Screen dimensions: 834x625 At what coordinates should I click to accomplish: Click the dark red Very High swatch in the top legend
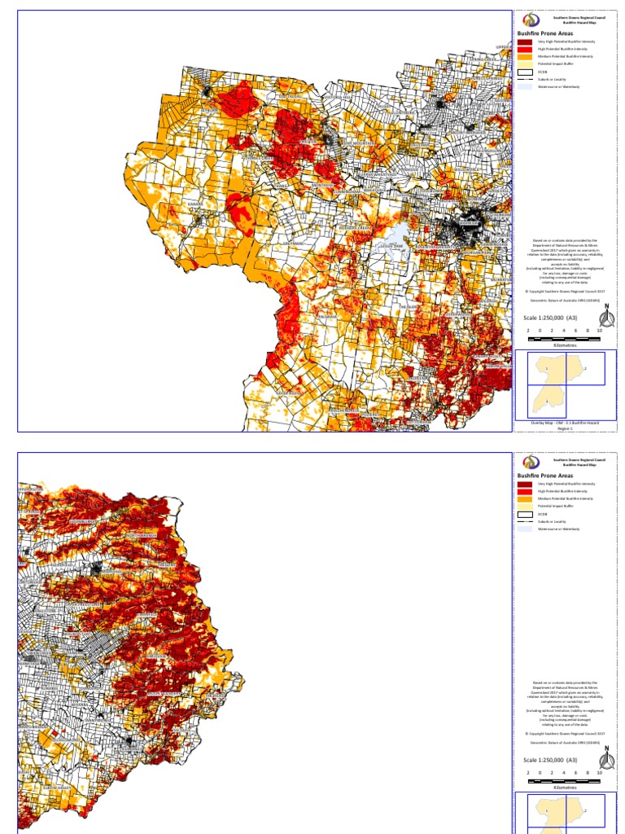point(525,42)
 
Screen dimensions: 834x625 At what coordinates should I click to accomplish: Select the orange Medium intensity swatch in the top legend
point(525,56)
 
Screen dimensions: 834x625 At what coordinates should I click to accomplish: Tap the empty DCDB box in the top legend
point(525,72)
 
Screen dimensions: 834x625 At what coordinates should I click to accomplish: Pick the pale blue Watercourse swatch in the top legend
point(525,86)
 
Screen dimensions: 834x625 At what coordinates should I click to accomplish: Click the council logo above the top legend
point(530,20)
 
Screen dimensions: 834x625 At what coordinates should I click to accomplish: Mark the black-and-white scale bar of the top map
point(563,337)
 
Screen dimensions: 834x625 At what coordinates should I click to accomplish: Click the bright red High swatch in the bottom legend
point(525,491)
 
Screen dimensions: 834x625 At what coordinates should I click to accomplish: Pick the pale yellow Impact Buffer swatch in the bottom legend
point(525,506)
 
